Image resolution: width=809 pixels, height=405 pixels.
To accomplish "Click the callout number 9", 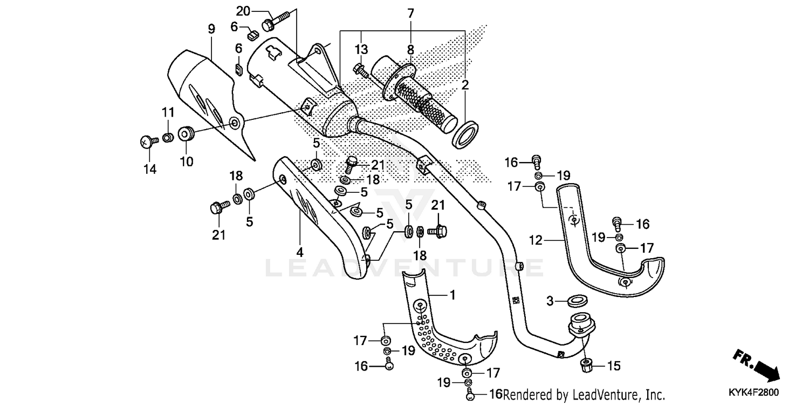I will coord(211,29).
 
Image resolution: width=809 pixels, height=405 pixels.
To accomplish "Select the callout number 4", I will coord(299,252).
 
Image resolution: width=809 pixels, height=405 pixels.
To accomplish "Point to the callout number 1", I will coord(453,295).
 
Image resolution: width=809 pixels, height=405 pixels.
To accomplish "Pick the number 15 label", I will coord(614,366).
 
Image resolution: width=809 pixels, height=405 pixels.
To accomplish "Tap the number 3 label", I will coord(550,301).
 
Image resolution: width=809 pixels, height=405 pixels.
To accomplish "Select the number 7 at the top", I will coord(410,12).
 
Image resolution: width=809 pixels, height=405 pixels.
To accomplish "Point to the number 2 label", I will coord(465,84).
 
